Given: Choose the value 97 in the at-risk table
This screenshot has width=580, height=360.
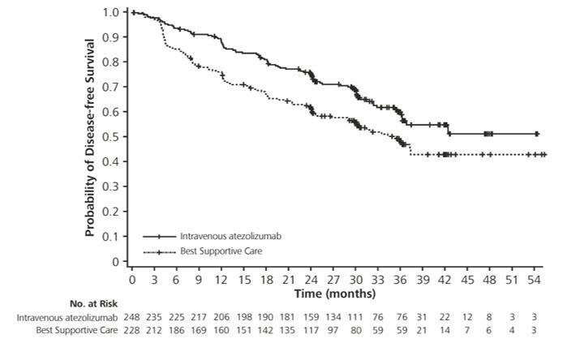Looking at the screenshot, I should coord(334,331).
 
